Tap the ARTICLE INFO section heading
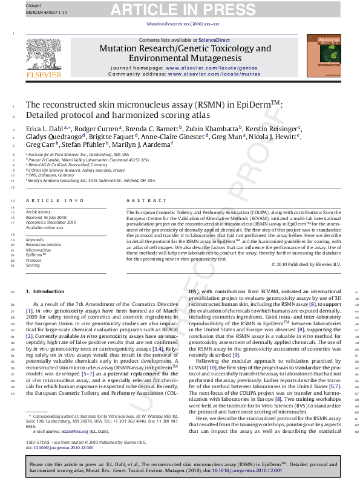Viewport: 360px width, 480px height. pyautogui.click(x=55, y=200)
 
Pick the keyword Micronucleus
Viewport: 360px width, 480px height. pyautogui.click(x=39, y=249)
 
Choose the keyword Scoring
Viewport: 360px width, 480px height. pyautogui.click(x=33, y=265)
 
